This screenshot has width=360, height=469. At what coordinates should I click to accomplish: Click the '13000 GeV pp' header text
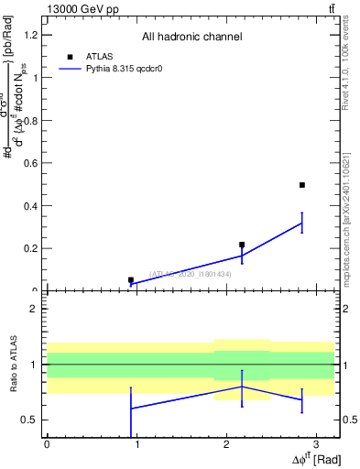click(x=79, y=8)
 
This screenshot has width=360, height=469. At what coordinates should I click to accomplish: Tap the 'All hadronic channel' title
click(x=191, y=37)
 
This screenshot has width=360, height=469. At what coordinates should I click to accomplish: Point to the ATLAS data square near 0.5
click(x=301, y=185)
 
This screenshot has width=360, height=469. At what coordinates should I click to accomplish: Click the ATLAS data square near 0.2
click(x=242, y=245)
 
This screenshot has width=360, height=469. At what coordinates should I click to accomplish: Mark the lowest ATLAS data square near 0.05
click(x=131, y=280)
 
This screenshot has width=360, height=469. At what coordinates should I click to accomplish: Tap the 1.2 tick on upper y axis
click(x=34, y=35)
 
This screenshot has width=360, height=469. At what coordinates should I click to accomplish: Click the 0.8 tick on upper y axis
click(x=34, y=120)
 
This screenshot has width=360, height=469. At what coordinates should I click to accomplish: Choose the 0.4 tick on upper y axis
click(x=34, y=205)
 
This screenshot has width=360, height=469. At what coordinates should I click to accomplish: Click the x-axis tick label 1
click(x=136, y=443)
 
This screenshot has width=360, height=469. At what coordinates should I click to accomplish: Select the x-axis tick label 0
click(x=47, y=443)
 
